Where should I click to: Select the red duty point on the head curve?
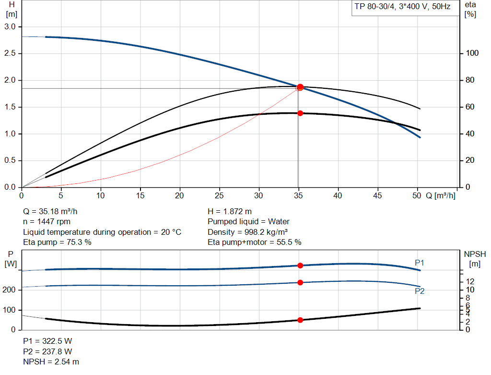tap(300, 87)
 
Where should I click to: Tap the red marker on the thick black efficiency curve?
tap(300, 113)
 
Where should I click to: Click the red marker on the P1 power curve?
tap(300, 266)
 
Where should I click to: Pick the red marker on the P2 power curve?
tap(300, 282)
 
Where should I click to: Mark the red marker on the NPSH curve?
tap(300, 320)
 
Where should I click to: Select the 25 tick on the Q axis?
tap(220, 195)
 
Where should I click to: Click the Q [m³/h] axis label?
tap(440, 195)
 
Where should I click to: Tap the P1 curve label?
tap(420, 263)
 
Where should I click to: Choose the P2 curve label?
tap(420, 291)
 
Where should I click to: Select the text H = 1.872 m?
tap(230, 211)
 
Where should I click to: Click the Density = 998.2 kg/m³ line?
tap(247, 232)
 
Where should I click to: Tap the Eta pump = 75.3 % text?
tap(57, 242)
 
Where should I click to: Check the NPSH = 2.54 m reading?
tap(51, 362)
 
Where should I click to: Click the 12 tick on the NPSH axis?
tap(470, 281)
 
